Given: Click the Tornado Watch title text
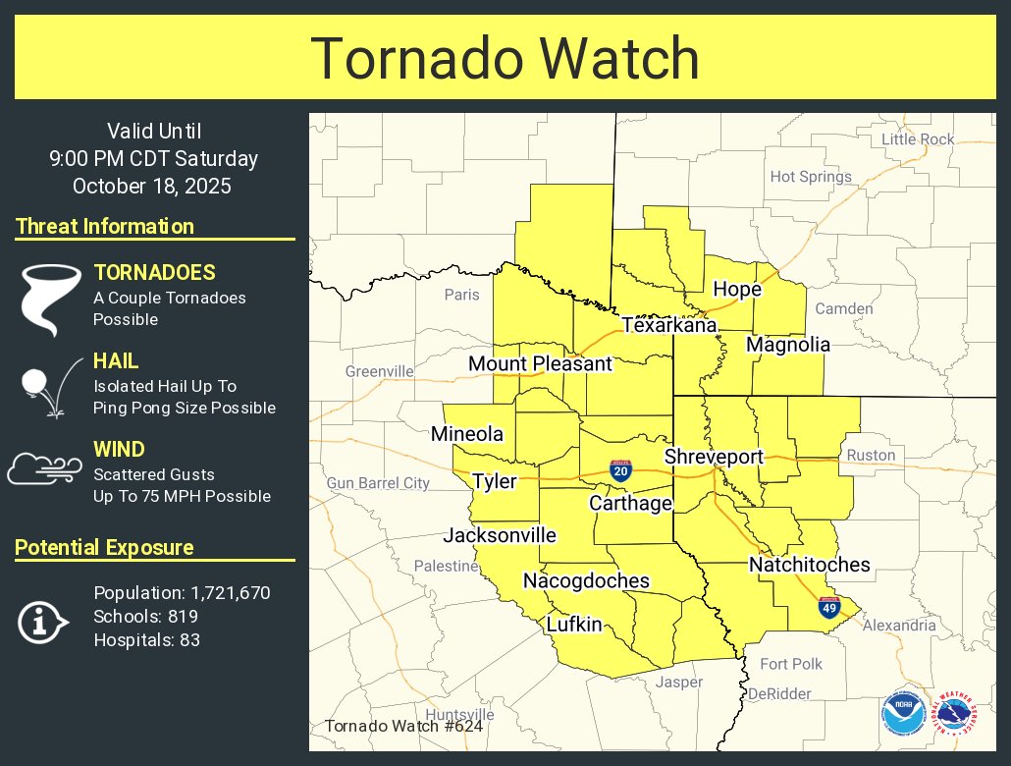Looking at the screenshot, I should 505,59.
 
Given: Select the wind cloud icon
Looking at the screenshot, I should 44,468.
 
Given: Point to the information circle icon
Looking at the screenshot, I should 43,622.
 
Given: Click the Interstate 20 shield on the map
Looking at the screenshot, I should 619,470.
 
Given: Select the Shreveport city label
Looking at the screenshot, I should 713,457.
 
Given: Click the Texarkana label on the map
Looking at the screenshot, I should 668,325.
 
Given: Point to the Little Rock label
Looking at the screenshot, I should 918,139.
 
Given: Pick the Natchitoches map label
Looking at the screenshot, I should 809,565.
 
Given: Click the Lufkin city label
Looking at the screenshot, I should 574,625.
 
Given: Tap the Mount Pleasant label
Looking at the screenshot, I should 540,364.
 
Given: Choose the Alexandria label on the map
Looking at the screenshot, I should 899,625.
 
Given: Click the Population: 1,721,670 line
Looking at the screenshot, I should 182,593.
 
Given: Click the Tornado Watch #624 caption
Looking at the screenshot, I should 403,727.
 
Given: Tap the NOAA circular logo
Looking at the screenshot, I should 902,714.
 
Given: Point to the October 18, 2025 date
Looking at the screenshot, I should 152,186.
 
